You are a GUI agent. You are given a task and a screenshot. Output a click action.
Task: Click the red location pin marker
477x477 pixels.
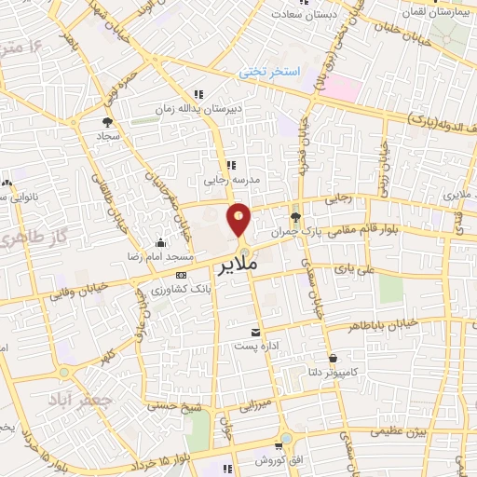[238, 219]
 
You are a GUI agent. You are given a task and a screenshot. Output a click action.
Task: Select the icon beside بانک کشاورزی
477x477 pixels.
[181, 276]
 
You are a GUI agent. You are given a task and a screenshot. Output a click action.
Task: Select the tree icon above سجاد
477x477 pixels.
[107, 121]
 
